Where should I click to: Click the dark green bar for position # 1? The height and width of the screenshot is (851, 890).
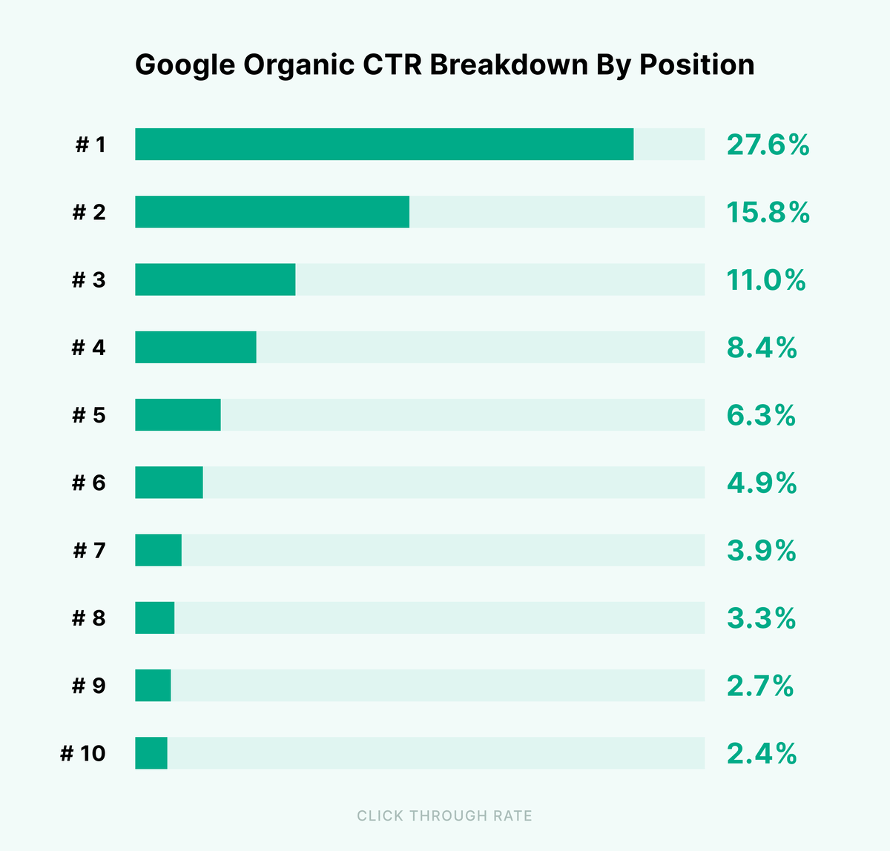(x=384, y=144)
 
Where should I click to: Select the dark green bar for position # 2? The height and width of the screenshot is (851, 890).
(x=272, y=212)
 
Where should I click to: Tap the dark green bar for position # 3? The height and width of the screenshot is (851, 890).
(x=215, y=279)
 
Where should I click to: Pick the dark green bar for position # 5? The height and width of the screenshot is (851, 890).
(x=178, y=414)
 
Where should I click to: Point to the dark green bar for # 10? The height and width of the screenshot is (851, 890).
(x=151, y=753)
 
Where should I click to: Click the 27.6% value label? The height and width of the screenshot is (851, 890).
(x=768, y=145)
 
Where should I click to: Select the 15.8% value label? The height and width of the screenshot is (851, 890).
(x=768, y=213)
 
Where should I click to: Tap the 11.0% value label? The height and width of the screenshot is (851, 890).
(x=765, y=280)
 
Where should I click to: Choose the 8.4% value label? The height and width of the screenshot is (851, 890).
(x=762, y=348)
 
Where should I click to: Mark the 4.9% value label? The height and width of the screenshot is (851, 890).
(x=762, y=483)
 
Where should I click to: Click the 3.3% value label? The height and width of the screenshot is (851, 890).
(x=761, y=618)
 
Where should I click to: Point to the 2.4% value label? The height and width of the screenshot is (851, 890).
(x=762, y=754)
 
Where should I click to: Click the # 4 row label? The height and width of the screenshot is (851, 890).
(x=89, y=348)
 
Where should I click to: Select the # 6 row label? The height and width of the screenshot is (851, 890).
(x=89, y=483)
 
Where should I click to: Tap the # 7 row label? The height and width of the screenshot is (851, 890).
(x=90, y=551)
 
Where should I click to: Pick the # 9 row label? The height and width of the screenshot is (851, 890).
(x=89, y=686)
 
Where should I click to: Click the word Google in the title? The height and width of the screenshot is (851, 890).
(x=185, y=65)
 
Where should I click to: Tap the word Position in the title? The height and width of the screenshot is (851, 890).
(x=697, y=64)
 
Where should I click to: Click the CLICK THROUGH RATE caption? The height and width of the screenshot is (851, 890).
(x=444, y=816)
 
